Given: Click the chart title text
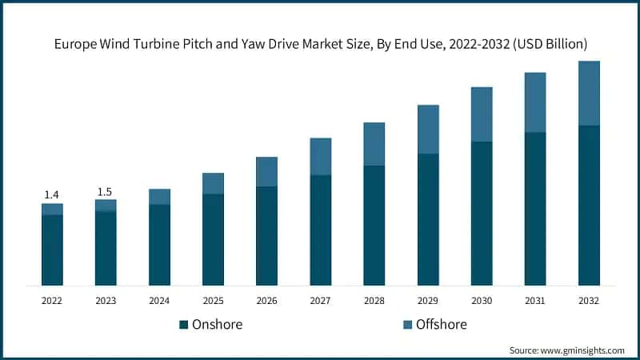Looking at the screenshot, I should pos(320,44).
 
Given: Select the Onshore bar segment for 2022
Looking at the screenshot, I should pos(52,250).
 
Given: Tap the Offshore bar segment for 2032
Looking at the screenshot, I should pos(589,93).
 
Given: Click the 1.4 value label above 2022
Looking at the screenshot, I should pos(52,194).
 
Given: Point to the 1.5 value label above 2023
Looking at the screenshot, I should pos(105,191).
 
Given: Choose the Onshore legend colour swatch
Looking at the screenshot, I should pos(184,325).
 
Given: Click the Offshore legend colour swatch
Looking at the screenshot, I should pos(406,325).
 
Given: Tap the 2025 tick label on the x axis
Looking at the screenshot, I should pos(213,301).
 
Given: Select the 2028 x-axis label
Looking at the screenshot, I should pos(374,301).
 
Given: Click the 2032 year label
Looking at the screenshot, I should pos(589,301).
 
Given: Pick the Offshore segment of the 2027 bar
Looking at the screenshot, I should pos(320,156).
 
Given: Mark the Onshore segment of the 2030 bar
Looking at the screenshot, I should pos(482,213).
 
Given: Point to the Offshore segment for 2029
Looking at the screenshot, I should pos(428,129).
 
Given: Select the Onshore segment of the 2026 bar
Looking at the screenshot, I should pos(266,235).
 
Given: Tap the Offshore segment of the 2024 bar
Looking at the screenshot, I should pos(159,197).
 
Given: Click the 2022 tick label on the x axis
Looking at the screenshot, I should pos(52,301).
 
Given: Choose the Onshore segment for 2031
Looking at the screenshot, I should pos(535,208).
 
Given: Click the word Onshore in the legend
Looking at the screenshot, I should pos(217,325).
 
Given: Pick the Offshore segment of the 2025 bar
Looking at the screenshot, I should pos(213,183).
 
